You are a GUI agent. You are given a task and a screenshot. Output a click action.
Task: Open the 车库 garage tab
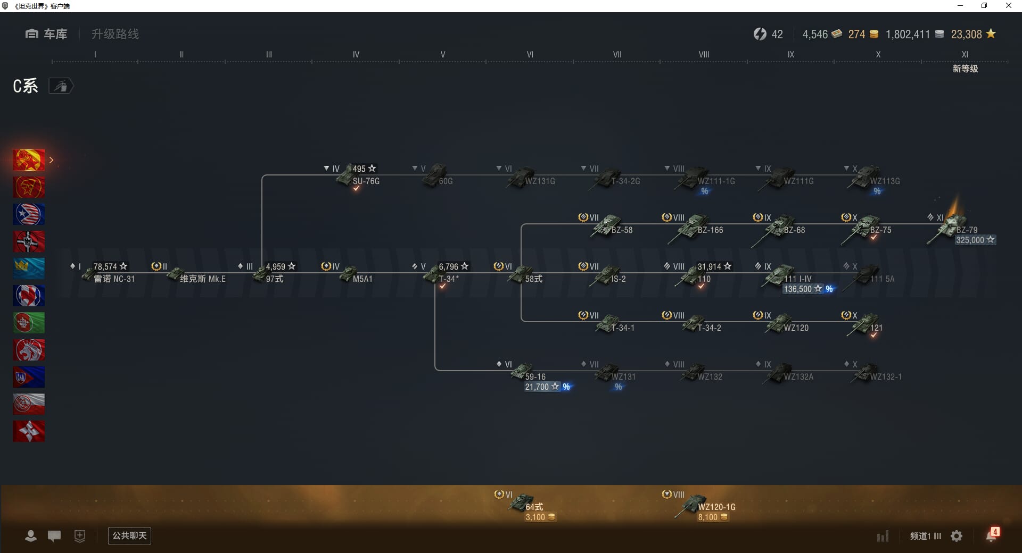point(47,34)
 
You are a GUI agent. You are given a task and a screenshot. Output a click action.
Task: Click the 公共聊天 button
point(129,535)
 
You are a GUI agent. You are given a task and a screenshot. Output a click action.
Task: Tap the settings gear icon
point(957,536)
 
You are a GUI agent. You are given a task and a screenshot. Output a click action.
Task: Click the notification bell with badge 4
point(992,535)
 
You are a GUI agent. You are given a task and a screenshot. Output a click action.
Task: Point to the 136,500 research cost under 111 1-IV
point(797,289)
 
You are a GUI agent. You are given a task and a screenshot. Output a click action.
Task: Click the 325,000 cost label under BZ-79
point(970,240)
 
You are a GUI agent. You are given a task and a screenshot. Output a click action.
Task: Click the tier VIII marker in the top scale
point(704,55)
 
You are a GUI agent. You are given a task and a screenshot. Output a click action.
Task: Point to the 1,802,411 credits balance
point(908,35)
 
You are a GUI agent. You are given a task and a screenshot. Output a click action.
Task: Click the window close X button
point(1008,6)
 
